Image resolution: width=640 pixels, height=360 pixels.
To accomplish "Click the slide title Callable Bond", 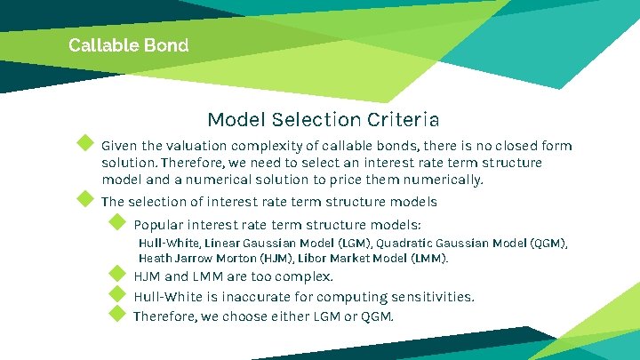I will [x=128, y=45].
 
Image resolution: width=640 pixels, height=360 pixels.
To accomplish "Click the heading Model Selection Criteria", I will [x=323, y=119].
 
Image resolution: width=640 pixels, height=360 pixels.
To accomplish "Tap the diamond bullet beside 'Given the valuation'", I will [x=85, y=143].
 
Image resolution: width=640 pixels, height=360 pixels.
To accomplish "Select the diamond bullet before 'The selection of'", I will [x=85, y=198].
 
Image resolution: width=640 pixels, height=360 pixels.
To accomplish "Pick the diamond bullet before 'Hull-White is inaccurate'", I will [x=116, y=293].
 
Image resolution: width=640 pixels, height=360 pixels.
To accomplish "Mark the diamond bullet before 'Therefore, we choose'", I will [x=116, y=313].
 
